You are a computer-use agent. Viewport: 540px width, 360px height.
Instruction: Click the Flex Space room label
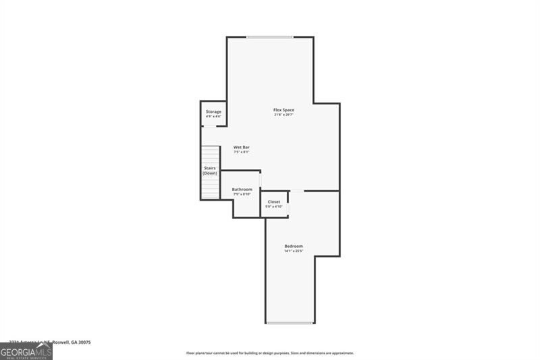[x=283, y=110]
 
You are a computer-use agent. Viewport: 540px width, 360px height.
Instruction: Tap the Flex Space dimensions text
[x=283, y=115]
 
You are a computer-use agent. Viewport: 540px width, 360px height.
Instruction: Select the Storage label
[x=213, y=111]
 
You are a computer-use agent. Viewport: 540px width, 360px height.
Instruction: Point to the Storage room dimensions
[x=213, y=116]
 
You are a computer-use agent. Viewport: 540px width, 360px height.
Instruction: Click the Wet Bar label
[x=242, y=147]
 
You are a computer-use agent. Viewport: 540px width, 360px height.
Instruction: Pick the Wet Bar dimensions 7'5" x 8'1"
[x=242, y=152]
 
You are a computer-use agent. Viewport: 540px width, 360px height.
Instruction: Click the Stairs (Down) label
[x=210, y=171]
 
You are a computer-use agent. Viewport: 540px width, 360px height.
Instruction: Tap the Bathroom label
[x=242, y=189]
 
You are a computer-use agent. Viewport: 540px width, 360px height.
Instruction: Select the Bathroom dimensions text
[x=242, y=194]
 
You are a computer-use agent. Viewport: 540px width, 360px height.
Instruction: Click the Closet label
[x=274, y=201]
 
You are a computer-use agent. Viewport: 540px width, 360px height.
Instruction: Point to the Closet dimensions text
[x=274, y=206]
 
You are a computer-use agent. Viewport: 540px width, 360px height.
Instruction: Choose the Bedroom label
[x=294, y=246]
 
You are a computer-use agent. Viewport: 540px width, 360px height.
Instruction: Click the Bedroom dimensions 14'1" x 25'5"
[x=294, y=251]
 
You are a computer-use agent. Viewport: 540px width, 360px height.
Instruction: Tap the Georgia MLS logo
[x=26, y=351]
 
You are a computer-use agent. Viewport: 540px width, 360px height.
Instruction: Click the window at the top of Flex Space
[x=269, y=36]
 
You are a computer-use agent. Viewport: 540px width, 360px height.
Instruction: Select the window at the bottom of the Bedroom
[x=290, y=323]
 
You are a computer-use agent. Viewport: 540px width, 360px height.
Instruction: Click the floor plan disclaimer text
[x=270, y=353]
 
